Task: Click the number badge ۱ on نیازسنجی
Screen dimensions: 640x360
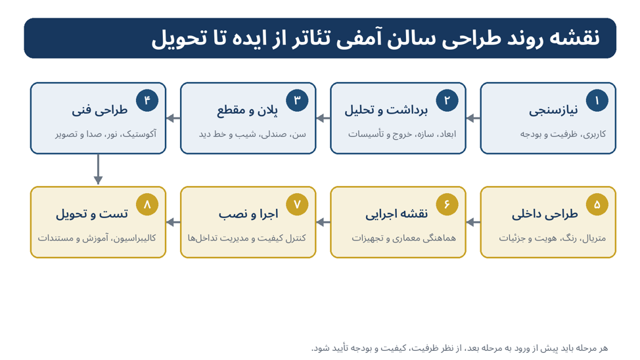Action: tap(597, 101)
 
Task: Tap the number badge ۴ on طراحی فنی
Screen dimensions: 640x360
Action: tap(147, 101)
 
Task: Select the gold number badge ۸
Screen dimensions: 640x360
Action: tap(147, 204)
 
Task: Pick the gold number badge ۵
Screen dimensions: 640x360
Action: tap(597, 204)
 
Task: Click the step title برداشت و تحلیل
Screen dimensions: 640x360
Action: tap(386, 110)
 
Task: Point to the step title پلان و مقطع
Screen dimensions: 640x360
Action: tap(247, 110)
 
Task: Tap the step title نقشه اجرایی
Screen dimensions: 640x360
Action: tap(396, 214)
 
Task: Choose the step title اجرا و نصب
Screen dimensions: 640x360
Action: tap(248, 214)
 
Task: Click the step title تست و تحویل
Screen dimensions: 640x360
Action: tap(92, 214)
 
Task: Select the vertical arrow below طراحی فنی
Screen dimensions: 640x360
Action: tap(98, 169)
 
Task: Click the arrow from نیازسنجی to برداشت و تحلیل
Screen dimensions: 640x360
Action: tap(473, 118)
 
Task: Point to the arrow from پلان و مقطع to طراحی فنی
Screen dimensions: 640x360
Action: tap(173, 118)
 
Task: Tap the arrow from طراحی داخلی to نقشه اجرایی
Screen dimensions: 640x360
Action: tap(473, 223)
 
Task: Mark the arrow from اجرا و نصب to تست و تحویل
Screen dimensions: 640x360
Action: tap(173, 223)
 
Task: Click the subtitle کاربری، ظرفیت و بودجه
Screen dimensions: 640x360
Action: tap(563, 134)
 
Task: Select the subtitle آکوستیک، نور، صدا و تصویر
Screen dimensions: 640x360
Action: tap(106, 134)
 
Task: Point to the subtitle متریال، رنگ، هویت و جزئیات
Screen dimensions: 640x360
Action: tap(552, 238)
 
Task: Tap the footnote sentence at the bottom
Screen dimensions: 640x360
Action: tap(459, 348)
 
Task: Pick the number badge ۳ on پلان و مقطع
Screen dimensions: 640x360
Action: tap(297, 101)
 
